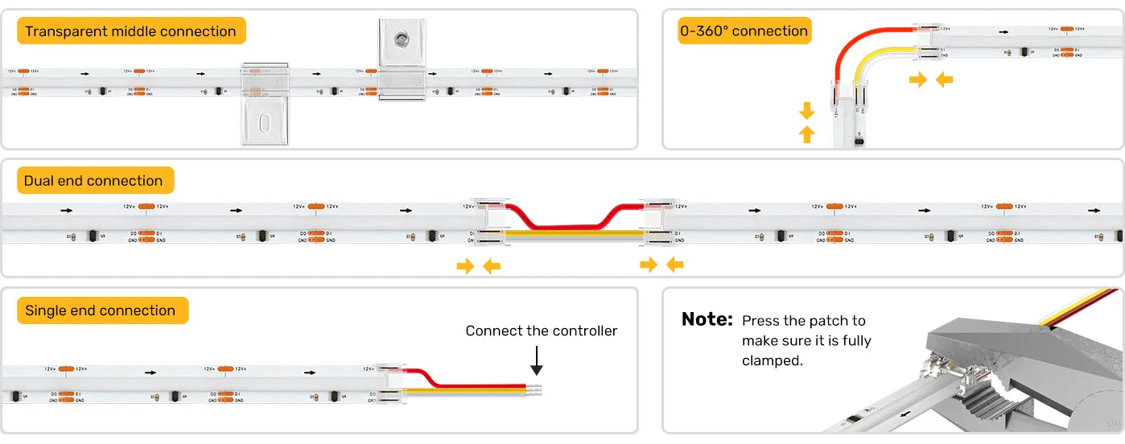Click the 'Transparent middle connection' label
[x=130, y=31]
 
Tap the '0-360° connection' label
[x=744, y=31]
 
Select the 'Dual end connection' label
[x=93, y=181]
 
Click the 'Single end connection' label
[x=101, y=310]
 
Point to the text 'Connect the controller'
[x=542, y=331]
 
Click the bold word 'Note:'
[x=707, y=319]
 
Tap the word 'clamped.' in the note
[x=772, y=361]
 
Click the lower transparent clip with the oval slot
[x=265, y=121]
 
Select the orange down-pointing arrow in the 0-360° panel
[x=807, y=110]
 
